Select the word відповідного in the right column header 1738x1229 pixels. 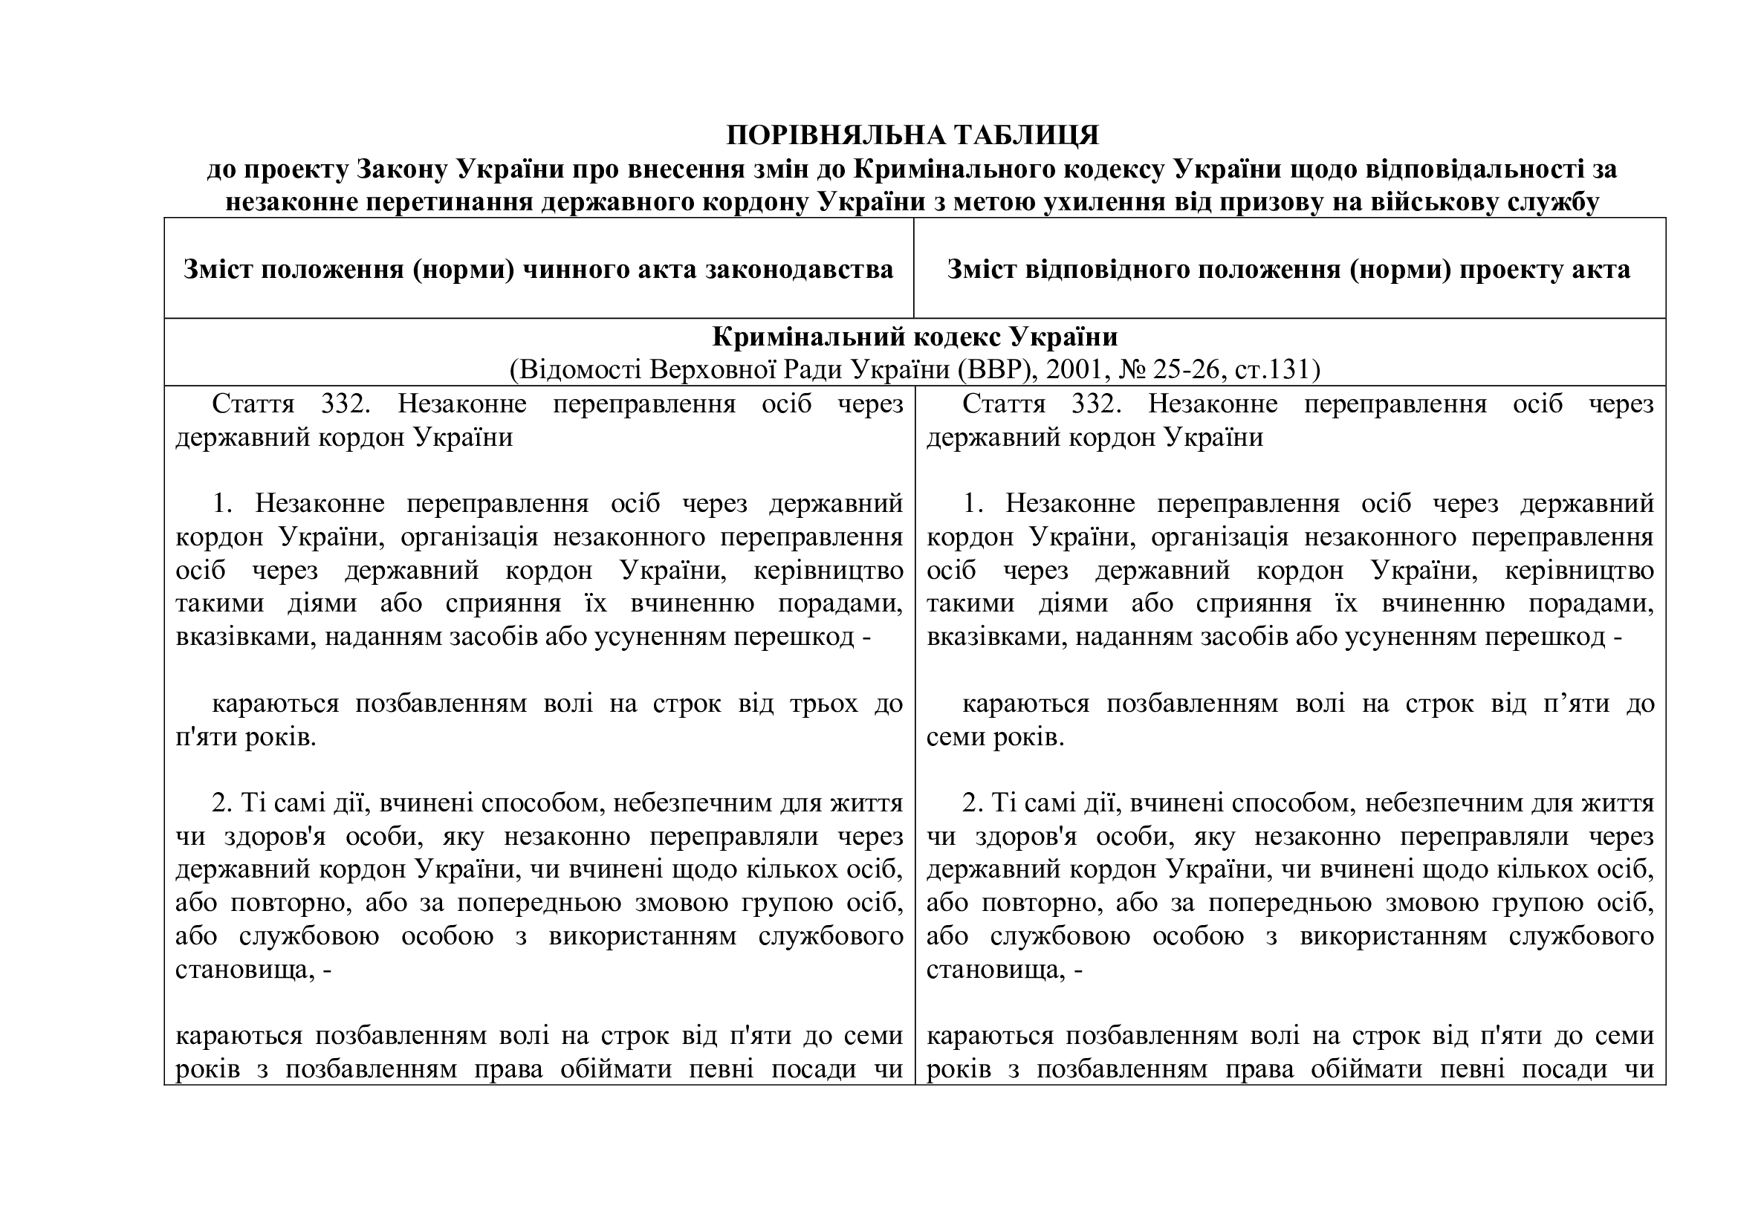click(1102, 270)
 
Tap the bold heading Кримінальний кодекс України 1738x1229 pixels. click(915, 337)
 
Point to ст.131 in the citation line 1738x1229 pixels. click(1277, 369)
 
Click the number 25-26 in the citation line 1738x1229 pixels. click(1186, 369)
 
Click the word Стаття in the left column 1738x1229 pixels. click(253, 404)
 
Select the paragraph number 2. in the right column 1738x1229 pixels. click(972, 803)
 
